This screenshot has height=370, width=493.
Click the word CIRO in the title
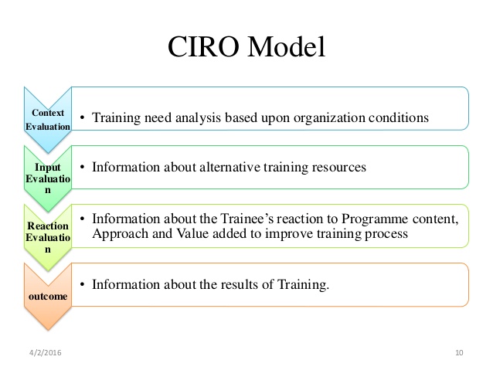(x=203, y=46)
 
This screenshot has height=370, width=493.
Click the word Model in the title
(x=287, y=46)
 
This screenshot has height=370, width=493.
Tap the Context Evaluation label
(x=48, y=120)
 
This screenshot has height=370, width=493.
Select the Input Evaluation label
(x=48, y=178)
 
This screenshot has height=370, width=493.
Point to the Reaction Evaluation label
(x=48, y=237)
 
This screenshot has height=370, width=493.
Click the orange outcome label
(x=48, y=296)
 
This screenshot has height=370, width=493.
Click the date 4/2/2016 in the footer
(x=46, y=352)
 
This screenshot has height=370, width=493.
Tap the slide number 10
(x=459, y=352)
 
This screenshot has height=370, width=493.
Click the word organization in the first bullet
(x=329, y=118)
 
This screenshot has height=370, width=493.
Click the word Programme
(x=375, y=219)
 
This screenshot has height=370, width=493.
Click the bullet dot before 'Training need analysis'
(x=83, y=118)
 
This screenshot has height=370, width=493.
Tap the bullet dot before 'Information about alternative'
(x=83, y=167)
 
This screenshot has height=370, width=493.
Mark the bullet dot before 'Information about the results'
(x=83, y=284)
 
